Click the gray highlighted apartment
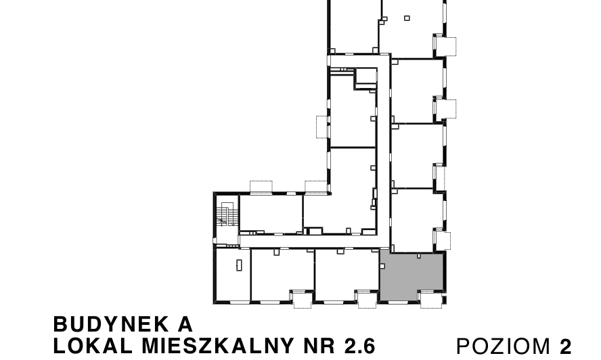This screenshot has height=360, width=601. coord(411,276)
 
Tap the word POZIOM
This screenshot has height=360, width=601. coord(505,346)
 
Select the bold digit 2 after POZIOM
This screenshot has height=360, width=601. coord(566,346)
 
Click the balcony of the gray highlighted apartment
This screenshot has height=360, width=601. coord(428,299)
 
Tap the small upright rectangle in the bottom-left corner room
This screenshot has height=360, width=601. coord(239,265)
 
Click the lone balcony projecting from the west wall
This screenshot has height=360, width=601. coord(321,127)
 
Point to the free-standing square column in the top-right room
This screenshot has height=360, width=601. coord(407,18)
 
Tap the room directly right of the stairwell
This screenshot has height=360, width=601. coord(271,213)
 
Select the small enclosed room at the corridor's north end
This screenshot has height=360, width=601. coord(366,76)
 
